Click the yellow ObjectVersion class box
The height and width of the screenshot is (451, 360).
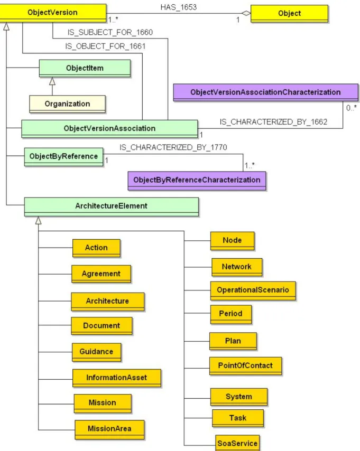click(x=53, y=13)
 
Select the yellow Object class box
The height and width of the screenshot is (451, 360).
click(x=290, y=14)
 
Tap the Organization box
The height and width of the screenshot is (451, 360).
click(x=67, y=104)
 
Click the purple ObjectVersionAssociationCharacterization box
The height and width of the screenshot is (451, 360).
click(x=265, y=92)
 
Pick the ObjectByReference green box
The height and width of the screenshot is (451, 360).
click(x=63, y=157)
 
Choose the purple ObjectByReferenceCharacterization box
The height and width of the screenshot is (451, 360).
click(x=197, y=181)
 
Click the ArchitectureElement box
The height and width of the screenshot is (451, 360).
click(x=111, y=206)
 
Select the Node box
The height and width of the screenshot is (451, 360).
click(x=232, y=241)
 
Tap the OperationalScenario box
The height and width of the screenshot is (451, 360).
click(x=253, y=290)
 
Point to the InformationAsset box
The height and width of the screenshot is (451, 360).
click(x=117, y=378)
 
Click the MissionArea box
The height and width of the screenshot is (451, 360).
click(x=109, y=429)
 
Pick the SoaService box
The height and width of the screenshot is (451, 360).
click(x=237, y=443)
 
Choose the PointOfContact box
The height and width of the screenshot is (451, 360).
click(x=245, y=366)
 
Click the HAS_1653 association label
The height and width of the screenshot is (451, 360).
click(x=179, y=7)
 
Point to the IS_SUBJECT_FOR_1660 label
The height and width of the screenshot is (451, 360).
click(x=110, y=32)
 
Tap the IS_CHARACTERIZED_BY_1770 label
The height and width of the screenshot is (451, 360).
click(x=173, y=147)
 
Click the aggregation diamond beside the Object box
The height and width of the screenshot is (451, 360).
click(x=246, y=13)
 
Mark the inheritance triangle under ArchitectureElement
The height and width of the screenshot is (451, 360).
click(x=38, y=220)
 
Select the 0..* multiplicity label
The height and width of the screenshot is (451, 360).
click(x=352, y=108)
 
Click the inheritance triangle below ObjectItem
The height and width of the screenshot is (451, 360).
click(x=52, y=81)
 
